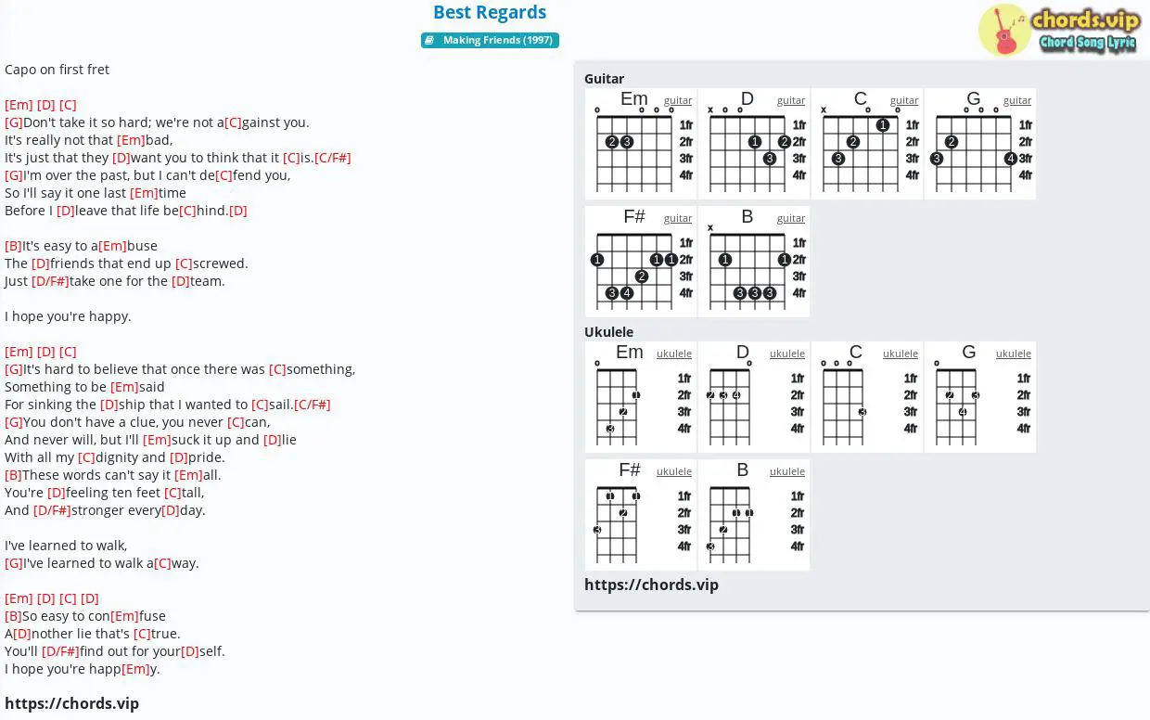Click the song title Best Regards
pyautogui.click(x=490, y=12)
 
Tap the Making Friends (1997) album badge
pyautogui.click(x=490, y=40)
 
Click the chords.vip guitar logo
pyautogui.click(x=1059, y=30)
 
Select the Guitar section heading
pyautogui.click(x=604, y=79)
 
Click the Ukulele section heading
pyautogui.click(x=608, y=332)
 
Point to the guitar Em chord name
pyautogui.click(x=634, y=98)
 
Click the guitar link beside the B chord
pyautogui.click(x=790, y=218)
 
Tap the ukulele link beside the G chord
pyautogui.click(x=1013, y=354)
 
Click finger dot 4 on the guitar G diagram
pyautogui.click(x=1010, y=158)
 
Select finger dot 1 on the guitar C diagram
pyautogui.click(x=883, y=124)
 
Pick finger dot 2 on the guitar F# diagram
pyautogui.click(x=641, y=276)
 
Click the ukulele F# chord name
pyautogui.click(x=630, y=469)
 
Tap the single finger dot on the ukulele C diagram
pyautogui.click(x=862, y=412)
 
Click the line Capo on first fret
pyautogui.click(x=57, y=70)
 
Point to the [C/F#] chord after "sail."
pyautogui.click(x=313, y=405)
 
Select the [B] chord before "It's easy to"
pyautogui.click(x=13, y=246)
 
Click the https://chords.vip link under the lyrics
pyautogui.click(x=72, y=703)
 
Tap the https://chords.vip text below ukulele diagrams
pyautogui.click(x=651, y=585)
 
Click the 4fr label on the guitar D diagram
pyautogui.click(x=799, y=175)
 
